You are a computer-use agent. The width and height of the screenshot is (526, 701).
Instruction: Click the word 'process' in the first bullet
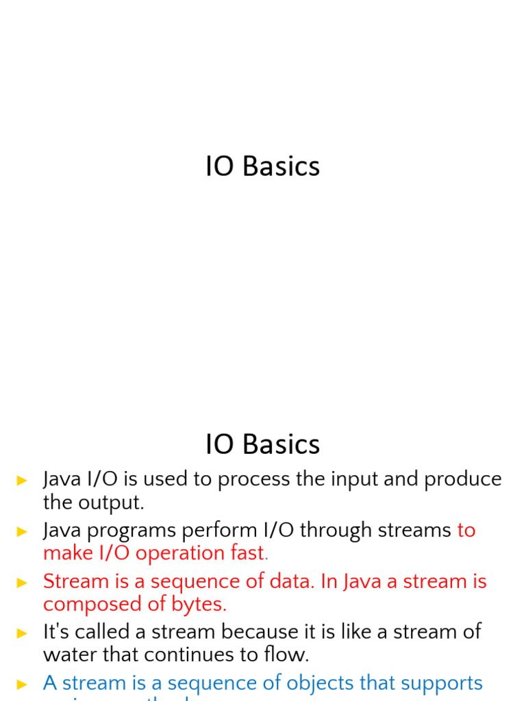254,479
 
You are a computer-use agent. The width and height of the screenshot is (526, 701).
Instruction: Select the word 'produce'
463,479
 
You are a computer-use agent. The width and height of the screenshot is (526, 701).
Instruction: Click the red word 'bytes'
198,604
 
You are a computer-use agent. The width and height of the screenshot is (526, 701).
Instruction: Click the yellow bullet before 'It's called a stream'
23,633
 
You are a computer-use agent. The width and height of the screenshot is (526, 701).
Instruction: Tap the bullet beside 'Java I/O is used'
23,481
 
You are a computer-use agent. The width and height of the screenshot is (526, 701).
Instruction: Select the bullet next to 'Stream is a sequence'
23,583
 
